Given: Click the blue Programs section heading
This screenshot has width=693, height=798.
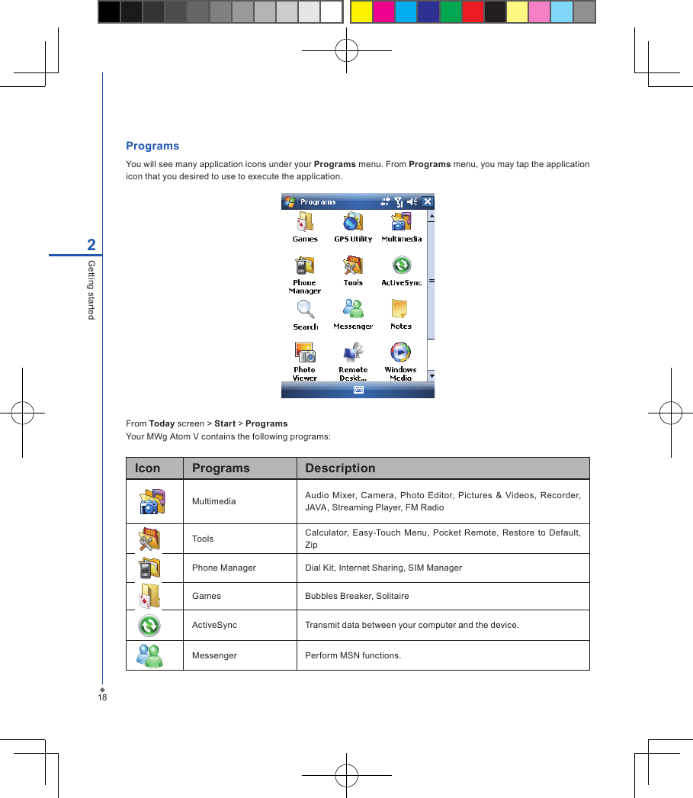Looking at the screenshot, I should (152, 146).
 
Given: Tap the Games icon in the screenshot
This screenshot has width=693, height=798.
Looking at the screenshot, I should (305, 222).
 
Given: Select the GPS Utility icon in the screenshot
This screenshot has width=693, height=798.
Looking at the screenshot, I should (353, 222).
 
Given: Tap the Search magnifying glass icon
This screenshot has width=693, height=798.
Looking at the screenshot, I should (305, 309).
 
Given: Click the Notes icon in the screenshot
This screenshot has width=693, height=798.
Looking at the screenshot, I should (400, 309).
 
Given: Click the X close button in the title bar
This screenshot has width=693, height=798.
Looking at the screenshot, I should (427, 202).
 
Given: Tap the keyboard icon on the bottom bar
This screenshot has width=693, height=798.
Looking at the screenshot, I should (358, 390).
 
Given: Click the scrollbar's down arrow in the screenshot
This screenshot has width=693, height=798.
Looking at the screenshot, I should (431, 375).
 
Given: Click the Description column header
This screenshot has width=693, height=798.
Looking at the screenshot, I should (340, 468).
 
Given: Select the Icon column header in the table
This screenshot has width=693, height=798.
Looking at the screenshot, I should (148, 468).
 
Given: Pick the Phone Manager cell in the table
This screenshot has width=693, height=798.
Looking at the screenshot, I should (224, 568).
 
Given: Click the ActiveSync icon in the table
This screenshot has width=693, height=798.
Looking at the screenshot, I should (149, 626).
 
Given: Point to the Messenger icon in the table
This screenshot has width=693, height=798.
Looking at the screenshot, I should (149, 655).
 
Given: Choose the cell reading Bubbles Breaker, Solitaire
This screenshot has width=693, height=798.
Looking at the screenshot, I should (357, 596).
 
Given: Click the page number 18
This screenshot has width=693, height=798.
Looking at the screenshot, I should (101, 697).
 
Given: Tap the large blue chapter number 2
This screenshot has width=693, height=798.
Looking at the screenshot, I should (91, 245).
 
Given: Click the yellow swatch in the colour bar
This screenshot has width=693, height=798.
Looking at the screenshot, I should (361, 12).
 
